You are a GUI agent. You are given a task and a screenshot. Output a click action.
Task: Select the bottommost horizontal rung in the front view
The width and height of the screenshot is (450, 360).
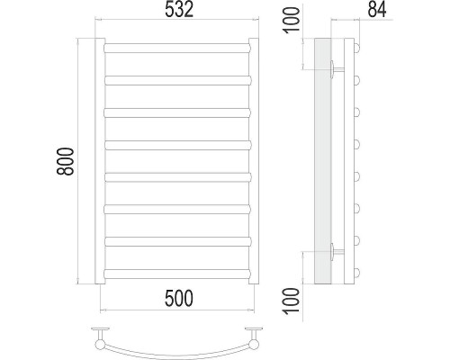click(176, 272)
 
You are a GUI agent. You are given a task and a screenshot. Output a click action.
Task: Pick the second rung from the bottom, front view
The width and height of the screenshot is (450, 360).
click(176, 240)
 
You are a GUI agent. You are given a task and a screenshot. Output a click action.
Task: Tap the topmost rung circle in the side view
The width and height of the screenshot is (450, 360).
click(357, 48)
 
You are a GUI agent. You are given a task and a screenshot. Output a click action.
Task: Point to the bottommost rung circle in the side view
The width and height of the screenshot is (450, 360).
click(357, 272)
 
